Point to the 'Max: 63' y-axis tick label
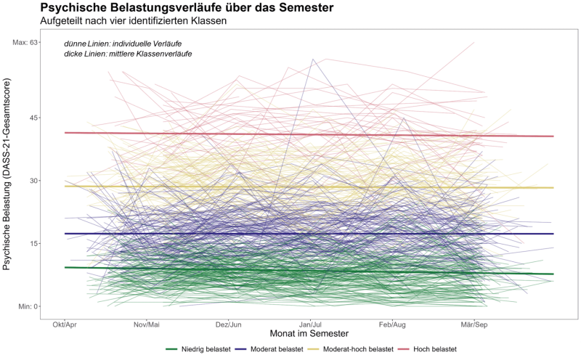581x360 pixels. pyautogui.click(x=25, y=42)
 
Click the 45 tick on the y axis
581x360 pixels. pyautogui.click(x=33, y=118)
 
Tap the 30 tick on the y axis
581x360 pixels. pyautogui.click(x=33, y=181)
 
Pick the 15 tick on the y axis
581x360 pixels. pyautogui.click(x=33, y=243)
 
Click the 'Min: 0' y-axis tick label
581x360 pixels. pyautogui.click(x=28, y=306)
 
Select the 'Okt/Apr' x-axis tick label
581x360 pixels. pyautogui.click(x=65, y=324)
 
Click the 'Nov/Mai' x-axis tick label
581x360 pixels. pyautogui.click(x=147, y=324)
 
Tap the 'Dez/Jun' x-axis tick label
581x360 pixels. pyautogui.click(x=229, y=324)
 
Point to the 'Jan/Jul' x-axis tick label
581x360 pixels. pyautogui.click(x=311, y=324)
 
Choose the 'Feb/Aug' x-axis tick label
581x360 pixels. pyautogui.click(x=392, y=324)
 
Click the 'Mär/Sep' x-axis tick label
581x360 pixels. pyautogui.click(x=474, y=324)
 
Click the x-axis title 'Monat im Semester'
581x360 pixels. pyautogui.click(x=309, y=335)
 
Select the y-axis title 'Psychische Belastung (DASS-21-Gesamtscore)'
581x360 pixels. pyautogui.click(x=9, y=174)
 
